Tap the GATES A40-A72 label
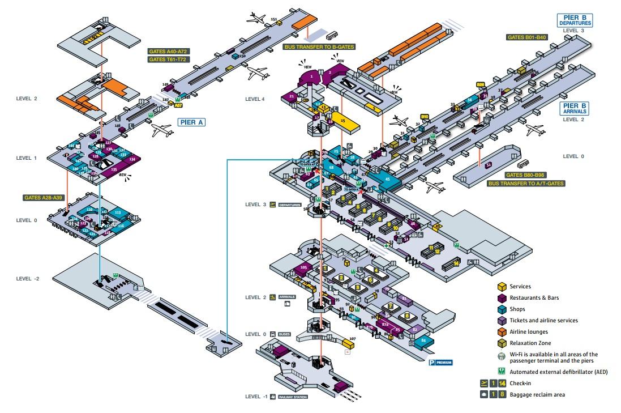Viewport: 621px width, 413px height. tap(168, 50)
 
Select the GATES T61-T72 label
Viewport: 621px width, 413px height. tap(168, 59)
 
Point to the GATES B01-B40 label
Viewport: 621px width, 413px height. tap(526, 37)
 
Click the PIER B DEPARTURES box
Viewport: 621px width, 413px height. tap(575, 20)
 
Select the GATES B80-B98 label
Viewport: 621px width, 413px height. tap(526, 175)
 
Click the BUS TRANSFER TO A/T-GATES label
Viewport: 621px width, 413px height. tap(526, 183)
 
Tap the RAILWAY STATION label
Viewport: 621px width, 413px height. tap(293, 397)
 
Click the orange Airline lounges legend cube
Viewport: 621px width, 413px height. tap(502, 332)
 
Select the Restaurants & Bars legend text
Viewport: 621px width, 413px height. tap(534, 298)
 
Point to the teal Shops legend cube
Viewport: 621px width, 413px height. tap(502, 309)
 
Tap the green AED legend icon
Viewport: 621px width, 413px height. tap(502, 372)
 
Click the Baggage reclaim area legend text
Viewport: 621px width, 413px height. tap(537, 394)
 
